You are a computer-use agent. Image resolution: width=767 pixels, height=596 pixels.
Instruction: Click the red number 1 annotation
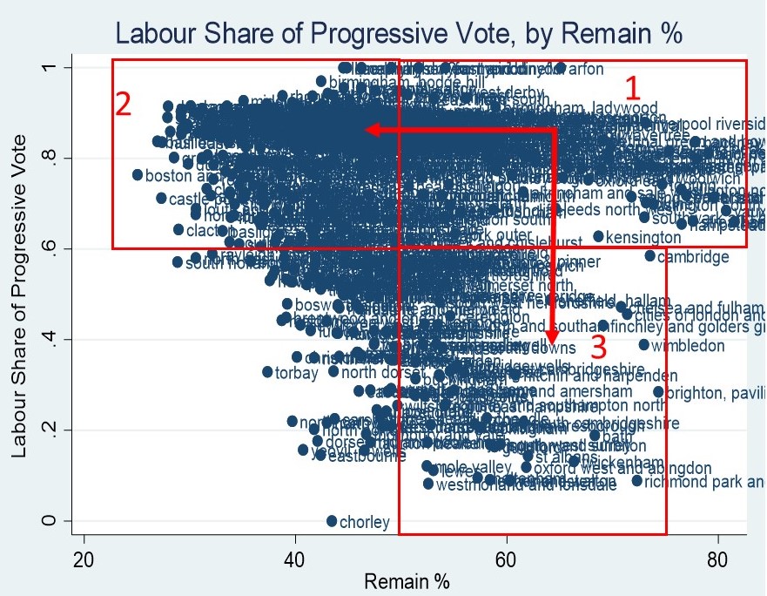[x=633, y=89]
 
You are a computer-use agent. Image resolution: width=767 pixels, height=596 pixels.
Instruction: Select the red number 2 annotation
[x=124, y=105]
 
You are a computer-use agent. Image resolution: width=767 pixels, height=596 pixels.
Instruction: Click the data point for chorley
[x=332, y=521]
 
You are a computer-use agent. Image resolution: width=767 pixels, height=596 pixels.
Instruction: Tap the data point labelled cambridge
[x=649, y=256]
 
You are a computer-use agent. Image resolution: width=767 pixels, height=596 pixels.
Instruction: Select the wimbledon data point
[x=644, y=345]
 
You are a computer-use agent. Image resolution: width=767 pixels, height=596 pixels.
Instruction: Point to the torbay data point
[x=267, y=372]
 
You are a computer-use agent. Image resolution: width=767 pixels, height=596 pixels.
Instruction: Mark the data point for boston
[x=138, y=175]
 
